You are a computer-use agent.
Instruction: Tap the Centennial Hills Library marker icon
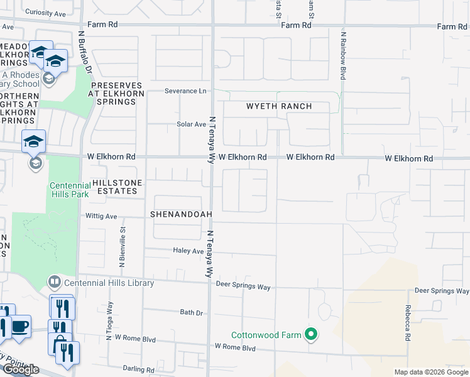click(x=55, y=283)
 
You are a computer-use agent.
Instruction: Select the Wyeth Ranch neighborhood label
click(x=278, y=106)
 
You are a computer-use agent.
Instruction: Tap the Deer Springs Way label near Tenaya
click(x=243, y=287)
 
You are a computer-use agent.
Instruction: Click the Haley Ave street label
click(x=189, y=251)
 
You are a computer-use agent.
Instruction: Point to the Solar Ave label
click(x=192, y=124)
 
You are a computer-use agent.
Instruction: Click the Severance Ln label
click(x=185, y=90)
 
